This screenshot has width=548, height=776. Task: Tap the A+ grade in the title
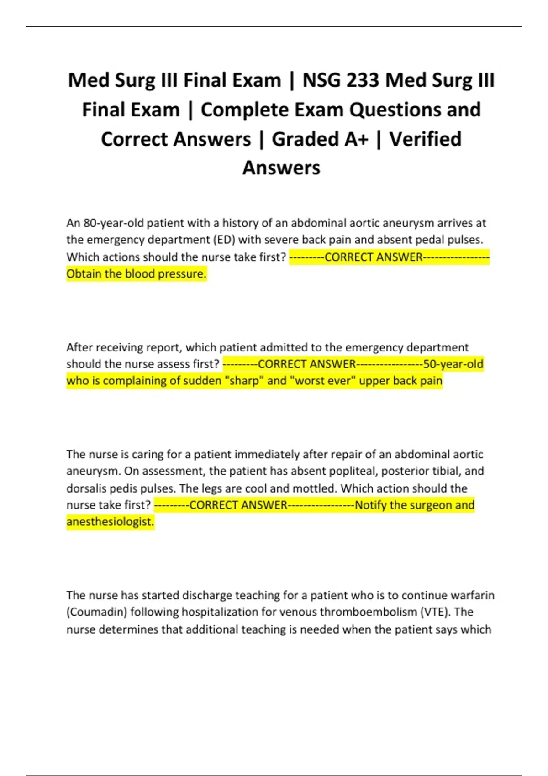pos(357,139)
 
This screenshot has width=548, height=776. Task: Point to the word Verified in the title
pos(425,139)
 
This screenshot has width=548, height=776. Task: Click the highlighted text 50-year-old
pos(453,364)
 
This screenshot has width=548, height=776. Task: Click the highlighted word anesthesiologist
pos(110,522)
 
